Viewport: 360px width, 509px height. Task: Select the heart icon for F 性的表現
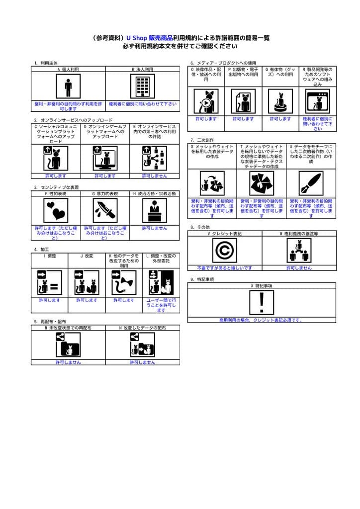[x=56, y=210]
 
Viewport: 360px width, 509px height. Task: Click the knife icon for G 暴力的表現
[x=104, y=210]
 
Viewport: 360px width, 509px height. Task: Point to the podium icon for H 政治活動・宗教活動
[x=155, y=210]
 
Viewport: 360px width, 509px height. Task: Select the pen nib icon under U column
[x=311, y=183]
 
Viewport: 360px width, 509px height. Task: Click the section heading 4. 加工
[x=41, y=249]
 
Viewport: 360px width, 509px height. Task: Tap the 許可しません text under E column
[x=155, y=176]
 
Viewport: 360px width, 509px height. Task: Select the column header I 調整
[x=49, y=256]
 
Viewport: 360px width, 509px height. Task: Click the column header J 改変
[x=87, y=256]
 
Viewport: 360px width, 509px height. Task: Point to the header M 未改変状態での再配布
[x=68, y=328]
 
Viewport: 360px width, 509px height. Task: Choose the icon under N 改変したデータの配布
[x=142, y=344]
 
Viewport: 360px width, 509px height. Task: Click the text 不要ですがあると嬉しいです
[x=224, y=268]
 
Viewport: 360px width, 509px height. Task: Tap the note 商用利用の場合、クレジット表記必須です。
[x=262, y=320]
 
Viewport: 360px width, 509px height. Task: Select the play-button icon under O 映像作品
[x=205, y=101]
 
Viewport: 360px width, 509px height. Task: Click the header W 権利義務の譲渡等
[x=299, y=233]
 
